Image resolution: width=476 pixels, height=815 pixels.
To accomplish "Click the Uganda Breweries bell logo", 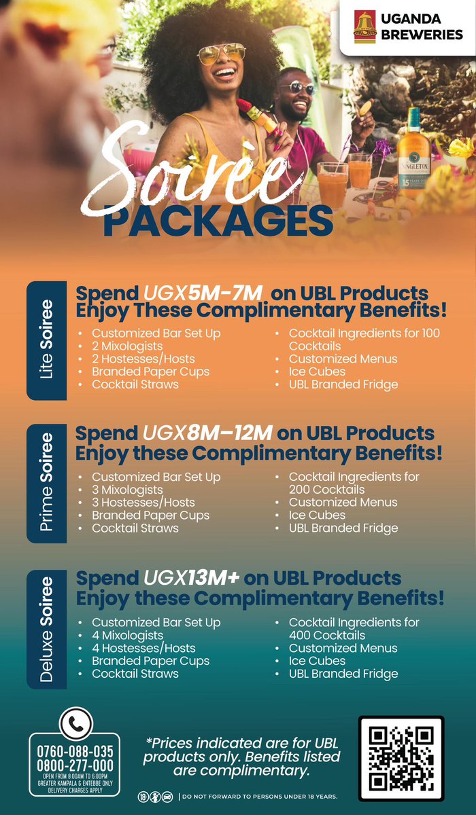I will click(364, 28).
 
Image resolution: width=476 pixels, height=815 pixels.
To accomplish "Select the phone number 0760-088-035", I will click(75, 751).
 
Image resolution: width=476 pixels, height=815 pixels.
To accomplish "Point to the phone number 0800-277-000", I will click(75, 765).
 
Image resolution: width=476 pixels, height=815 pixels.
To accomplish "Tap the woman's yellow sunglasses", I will click(221, 52).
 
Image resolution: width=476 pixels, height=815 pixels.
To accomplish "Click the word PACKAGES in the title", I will click(218, 221).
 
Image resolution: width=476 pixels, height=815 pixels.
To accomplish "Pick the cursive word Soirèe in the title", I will click(184, 170).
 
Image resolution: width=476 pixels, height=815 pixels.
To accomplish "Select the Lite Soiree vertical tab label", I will click(46, 340).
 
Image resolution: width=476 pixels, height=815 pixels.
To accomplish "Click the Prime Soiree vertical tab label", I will click(46, 484).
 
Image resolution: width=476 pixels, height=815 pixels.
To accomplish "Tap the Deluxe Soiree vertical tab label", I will click(46, 629).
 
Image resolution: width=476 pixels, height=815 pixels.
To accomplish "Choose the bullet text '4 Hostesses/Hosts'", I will click(143, 648).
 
